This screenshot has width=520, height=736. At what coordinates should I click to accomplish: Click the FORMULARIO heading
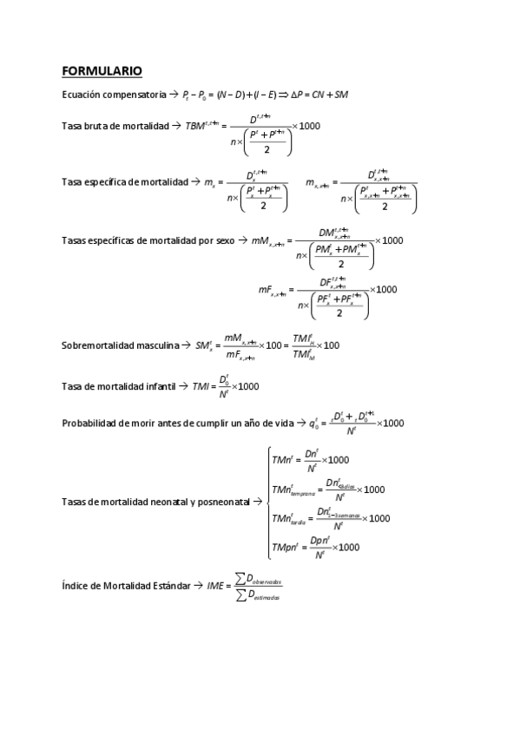(102, 70)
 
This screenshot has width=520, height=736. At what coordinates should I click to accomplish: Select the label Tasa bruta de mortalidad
(115, 127)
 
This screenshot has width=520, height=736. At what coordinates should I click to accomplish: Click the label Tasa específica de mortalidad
(125, 182)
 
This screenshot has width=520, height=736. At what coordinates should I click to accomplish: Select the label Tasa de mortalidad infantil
(120, 386)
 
